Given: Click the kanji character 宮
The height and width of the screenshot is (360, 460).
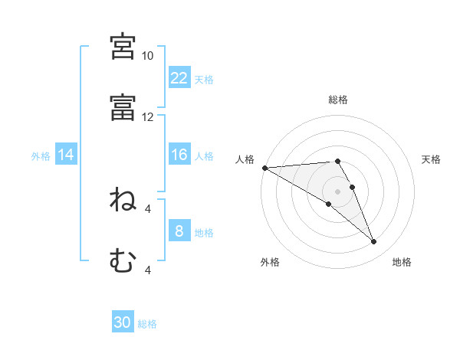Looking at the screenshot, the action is [x=123, y=47].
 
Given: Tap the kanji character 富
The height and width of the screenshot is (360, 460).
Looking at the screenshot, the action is [x=123, y=107].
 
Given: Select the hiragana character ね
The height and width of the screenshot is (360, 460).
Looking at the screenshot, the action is [x=123, y=199].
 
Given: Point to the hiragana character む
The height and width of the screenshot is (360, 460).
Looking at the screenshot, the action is [x=123, y=260].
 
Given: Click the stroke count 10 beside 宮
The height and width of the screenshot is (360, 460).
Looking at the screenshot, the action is [x=147, y=56].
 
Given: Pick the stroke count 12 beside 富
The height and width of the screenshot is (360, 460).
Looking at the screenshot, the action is [x=147, y=117].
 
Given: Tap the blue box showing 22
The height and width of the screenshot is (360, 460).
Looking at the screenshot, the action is [x=179, y=77].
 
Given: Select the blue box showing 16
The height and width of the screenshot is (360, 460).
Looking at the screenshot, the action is [x=179, y=154].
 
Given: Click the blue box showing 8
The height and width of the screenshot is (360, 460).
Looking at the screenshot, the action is [x=179, y=230].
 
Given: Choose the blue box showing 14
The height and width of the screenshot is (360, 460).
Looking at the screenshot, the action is [x=66, y=154].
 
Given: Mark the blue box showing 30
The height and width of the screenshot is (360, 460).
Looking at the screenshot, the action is [x=123, y=321].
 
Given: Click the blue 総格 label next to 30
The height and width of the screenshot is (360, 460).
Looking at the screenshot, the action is [x=147, y=324].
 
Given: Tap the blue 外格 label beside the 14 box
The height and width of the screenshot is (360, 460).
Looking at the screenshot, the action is [x=41, y=156].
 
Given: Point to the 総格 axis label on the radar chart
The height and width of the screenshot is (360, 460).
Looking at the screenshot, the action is [x=338, y=100].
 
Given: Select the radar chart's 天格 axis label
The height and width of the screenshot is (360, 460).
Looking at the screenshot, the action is [x=431, y=159].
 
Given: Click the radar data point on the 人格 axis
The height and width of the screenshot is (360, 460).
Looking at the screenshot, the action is [x=265, y=168].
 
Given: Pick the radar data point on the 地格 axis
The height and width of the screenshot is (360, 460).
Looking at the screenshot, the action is [x=374, y=242].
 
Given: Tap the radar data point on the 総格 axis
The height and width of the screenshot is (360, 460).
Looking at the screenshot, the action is [x=337, y=162].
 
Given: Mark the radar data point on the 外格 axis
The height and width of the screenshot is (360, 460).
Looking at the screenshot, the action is [x=329, y=204].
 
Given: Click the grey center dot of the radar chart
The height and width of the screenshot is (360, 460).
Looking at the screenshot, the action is [x=337, y=191].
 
